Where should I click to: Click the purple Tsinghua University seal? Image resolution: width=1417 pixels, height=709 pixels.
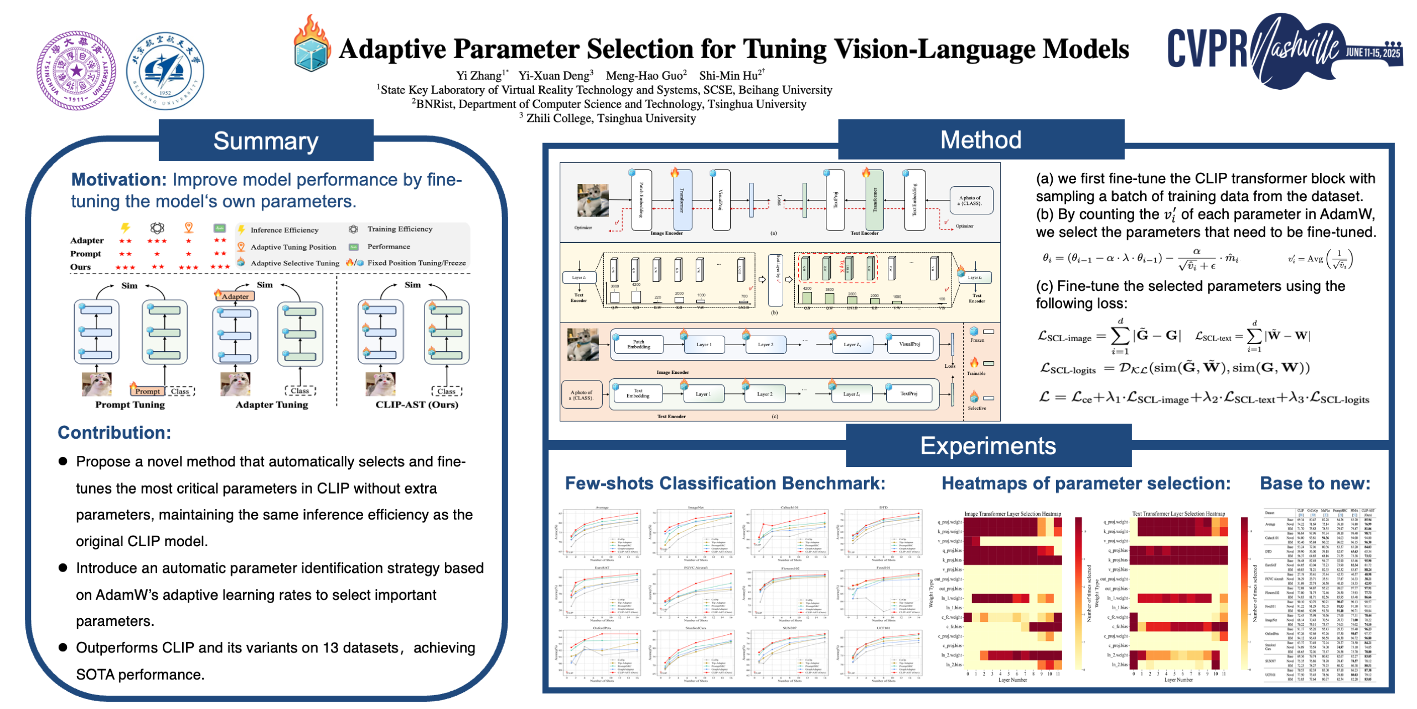[76, 70]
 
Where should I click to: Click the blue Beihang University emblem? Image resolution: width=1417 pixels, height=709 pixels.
[165, 71]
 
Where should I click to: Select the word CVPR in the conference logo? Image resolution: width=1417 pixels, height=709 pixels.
[1207, 49]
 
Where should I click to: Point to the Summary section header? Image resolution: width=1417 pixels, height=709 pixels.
[266, 141]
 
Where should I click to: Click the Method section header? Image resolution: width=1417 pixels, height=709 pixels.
[980, 140]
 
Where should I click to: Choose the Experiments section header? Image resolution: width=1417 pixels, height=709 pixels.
[987, 446]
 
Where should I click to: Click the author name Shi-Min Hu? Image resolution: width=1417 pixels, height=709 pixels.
[728, 75]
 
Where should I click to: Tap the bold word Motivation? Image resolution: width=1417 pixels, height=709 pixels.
[118, 179]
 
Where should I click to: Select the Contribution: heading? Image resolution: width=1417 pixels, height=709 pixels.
[115, 433]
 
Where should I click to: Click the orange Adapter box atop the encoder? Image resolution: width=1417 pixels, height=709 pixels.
[235, 296]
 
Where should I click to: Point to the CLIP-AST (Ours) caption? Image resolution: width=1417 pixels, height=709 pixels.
[416, 404]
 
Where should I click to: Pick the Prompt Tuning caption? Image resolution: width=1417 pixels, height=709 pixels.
[130, 404]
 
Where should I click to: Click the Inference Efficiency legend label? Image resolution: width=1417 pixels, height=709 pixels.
[284, 230]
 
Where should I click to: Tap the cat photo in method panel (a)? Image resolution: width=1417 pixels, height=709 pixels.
[592, 199]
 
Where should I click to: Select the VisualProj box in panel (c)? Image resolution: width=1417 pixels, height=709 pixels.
[909, 345]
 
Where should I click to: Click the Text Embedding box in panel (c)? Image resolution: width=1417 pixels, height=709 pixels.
[638, 393]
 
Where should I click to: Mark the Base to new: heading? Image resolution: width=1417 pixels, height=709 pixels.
[1315, 484]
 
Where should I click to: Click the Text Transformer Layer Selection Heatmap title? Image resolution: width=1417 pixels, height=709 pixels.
[1178, 513]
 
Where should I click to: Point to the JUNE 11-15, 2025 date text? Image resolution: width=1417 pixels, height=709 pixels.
[1373, 53]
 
